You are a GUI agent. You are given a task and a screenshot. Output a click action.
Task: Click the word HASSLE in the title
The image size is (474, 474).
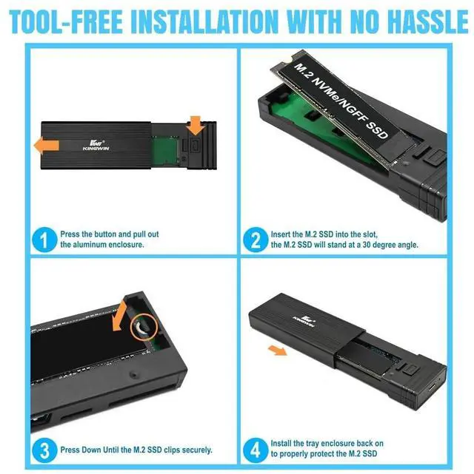coord(428,21)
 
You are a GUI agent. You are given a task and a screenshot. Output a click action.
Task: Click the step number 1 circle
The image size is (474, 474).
coord(44,240)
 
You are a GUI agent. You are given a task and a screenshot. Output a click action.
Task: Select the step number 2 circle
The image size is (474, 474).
coord(256,240)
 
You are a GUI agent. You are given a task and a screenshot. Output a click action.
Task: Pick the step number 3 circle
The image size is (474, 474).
coord(44,450)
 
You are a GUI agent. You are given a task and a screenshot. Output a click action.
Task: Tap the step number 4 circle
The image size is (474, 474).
coord(256,450)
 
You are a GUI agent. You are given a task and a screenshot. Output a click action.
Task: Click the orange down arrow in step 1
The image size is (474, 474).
coord(196,126)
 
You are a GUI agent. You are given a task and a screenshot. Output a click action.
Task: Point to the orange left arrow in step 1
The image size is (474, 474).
coord(47,146)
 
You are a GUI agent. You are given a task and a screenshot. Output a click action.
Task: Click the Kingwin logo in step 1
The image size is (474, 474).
coord(96,146)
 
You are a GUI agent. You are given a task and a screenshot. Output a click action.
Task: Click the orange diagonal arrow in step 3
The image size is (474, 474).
coord(119,316)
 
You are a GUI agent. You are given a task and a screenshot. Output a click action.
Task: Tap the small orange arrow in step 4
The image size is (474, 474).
coord(277,351)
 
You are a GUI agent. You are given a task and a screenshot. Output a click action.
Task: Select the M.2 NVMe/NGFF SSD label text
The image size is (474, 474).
coord(341,101)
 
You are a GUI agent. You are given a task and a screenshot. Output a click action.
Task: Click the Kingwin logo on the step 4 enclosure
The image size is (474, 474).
coord(304,321)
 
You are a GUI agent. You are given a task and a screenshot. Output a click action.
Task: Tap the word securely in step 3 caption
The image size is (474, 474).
coord(198,450)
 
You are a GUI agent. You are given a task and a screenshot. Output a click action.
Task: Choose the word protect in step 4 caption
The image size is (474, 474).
coord(334,454)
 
